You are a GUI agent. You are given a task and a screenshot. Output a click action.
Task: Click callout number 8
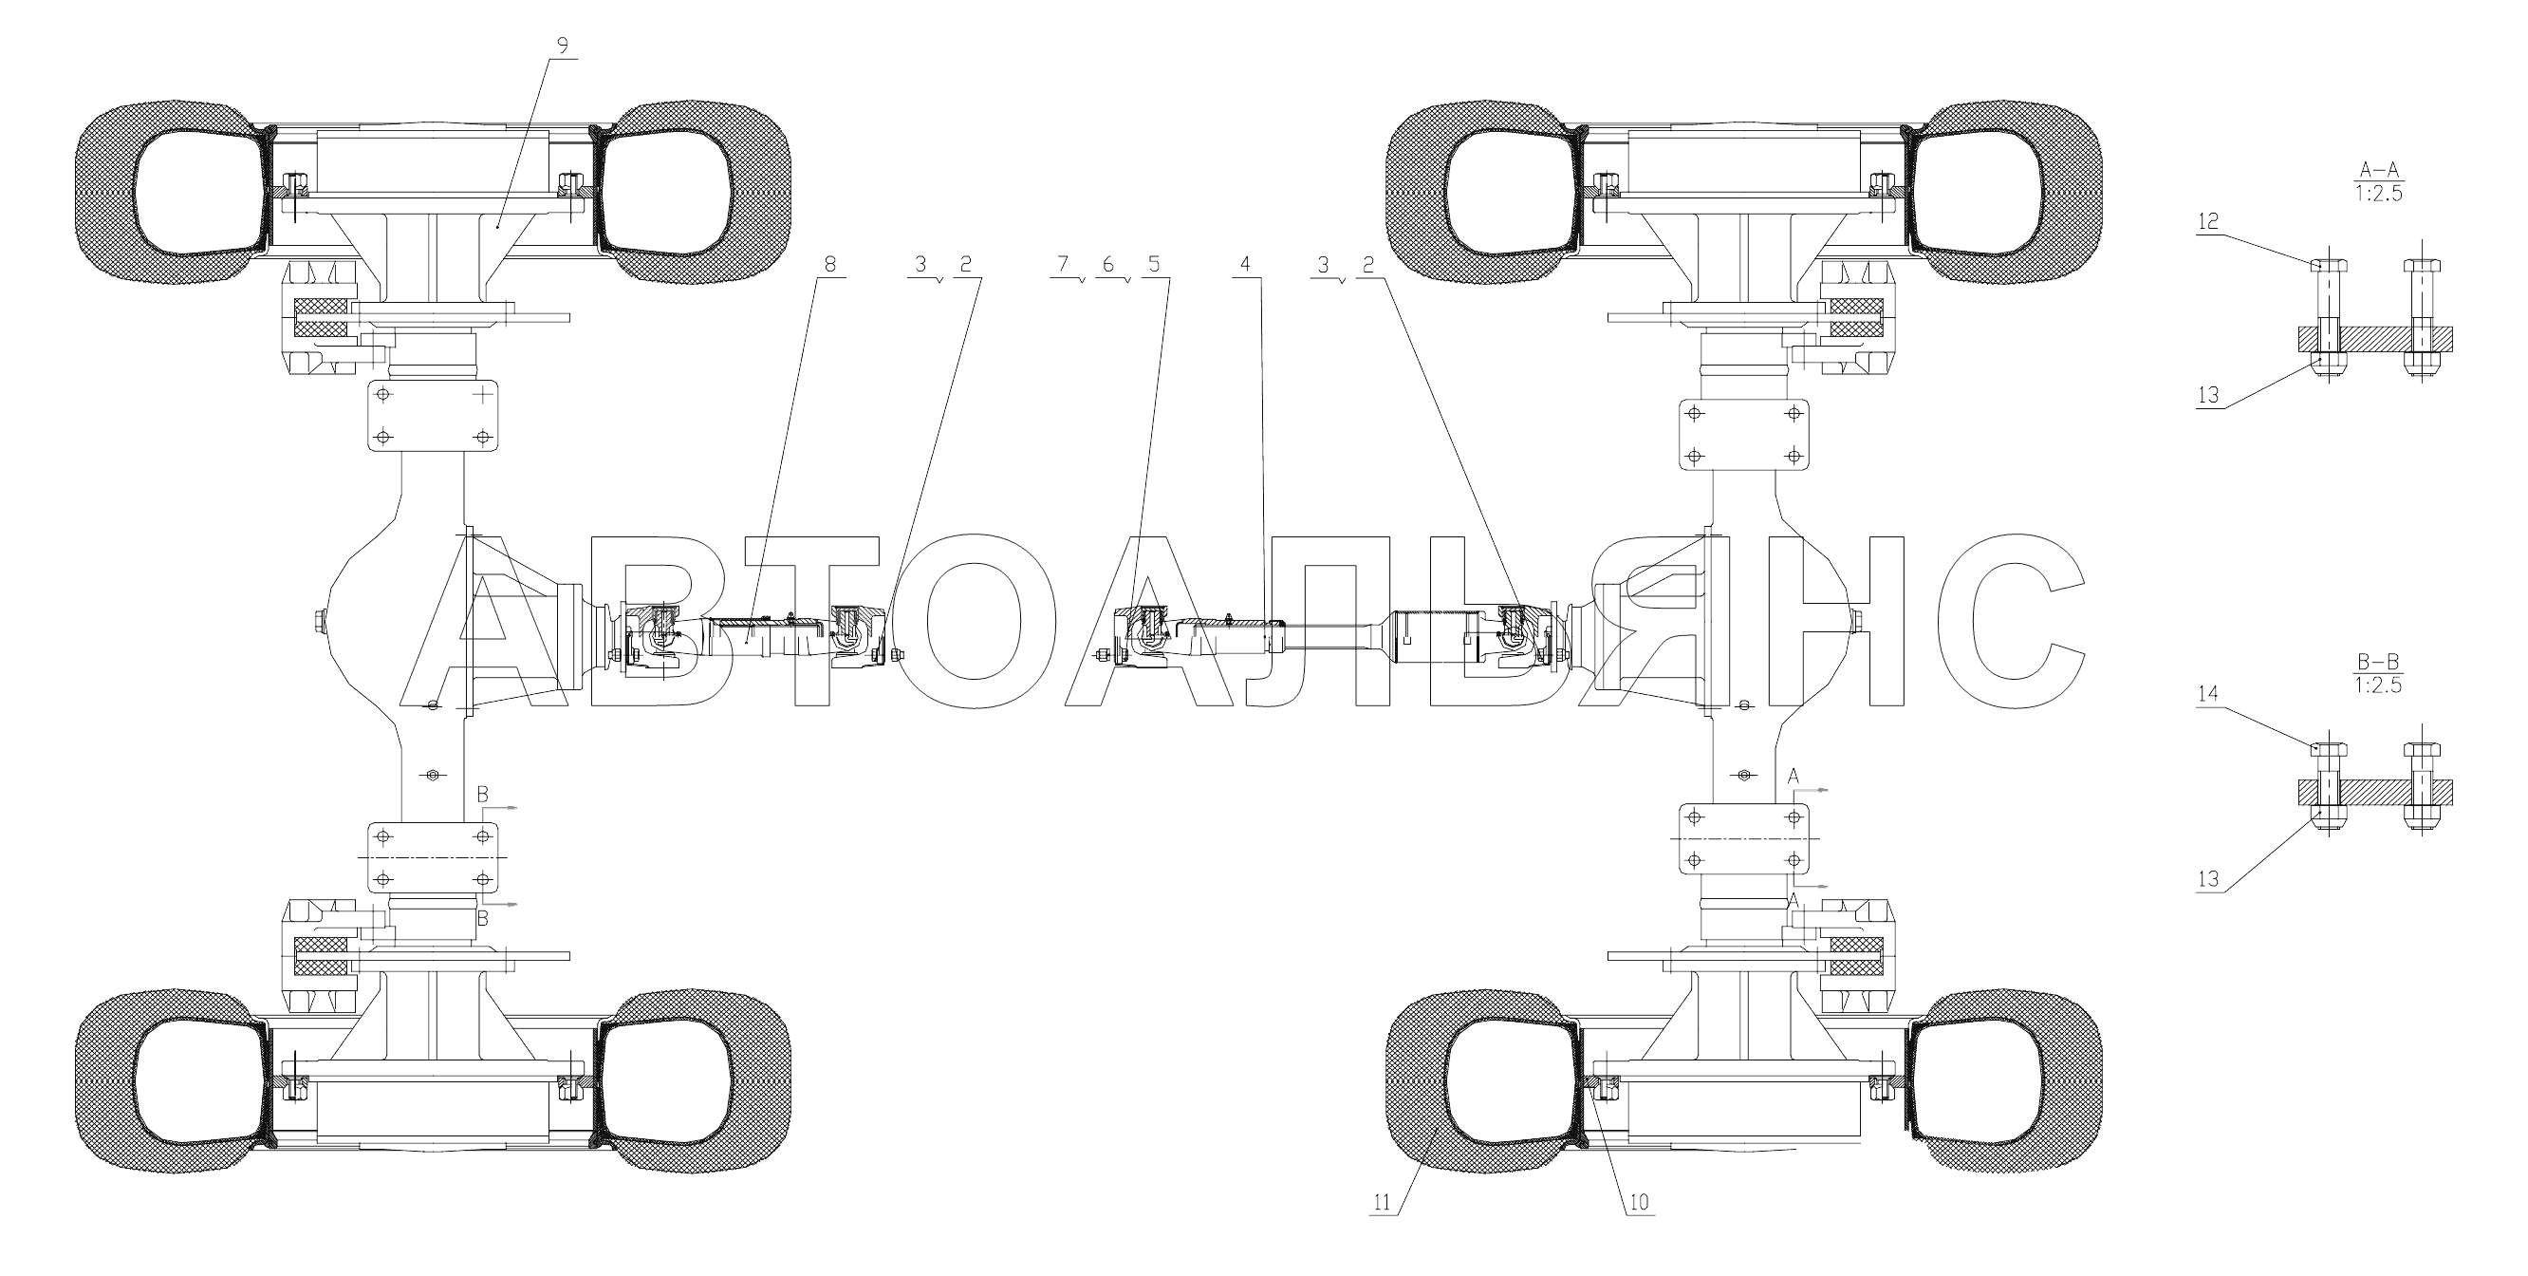point(830,264)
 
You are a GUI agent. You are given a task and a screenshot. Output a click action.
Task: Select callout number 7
point(1062,264)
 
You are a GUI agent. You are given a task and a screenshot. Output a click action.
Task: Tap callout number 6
point(1108,264)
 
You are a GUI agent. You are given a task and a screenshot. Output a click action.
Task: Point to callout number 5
point(1153,264)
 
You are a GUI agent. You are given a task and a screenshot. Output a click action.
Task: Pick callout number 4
point(1245,264)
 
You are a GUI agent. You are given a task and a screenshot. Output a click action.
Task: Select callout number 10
point(1639,1202)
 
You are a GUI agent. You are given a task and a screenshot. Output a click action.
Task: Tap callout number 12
point(2208,222)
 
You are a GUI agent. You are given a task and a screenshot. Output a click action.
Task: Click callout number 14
point(2208,695)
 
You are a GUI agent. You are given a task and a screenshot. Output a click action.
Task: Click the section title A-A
point(2379,170)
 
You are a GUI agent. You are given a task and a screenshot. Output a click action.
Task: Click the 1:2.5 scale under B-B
point(2379,685)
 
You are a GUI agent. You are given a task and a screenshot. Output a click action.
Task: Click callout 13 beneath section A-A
point(2208,396)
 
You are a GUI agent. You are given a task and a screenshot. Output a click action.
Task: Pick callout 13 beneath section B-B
point(2208,879)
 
